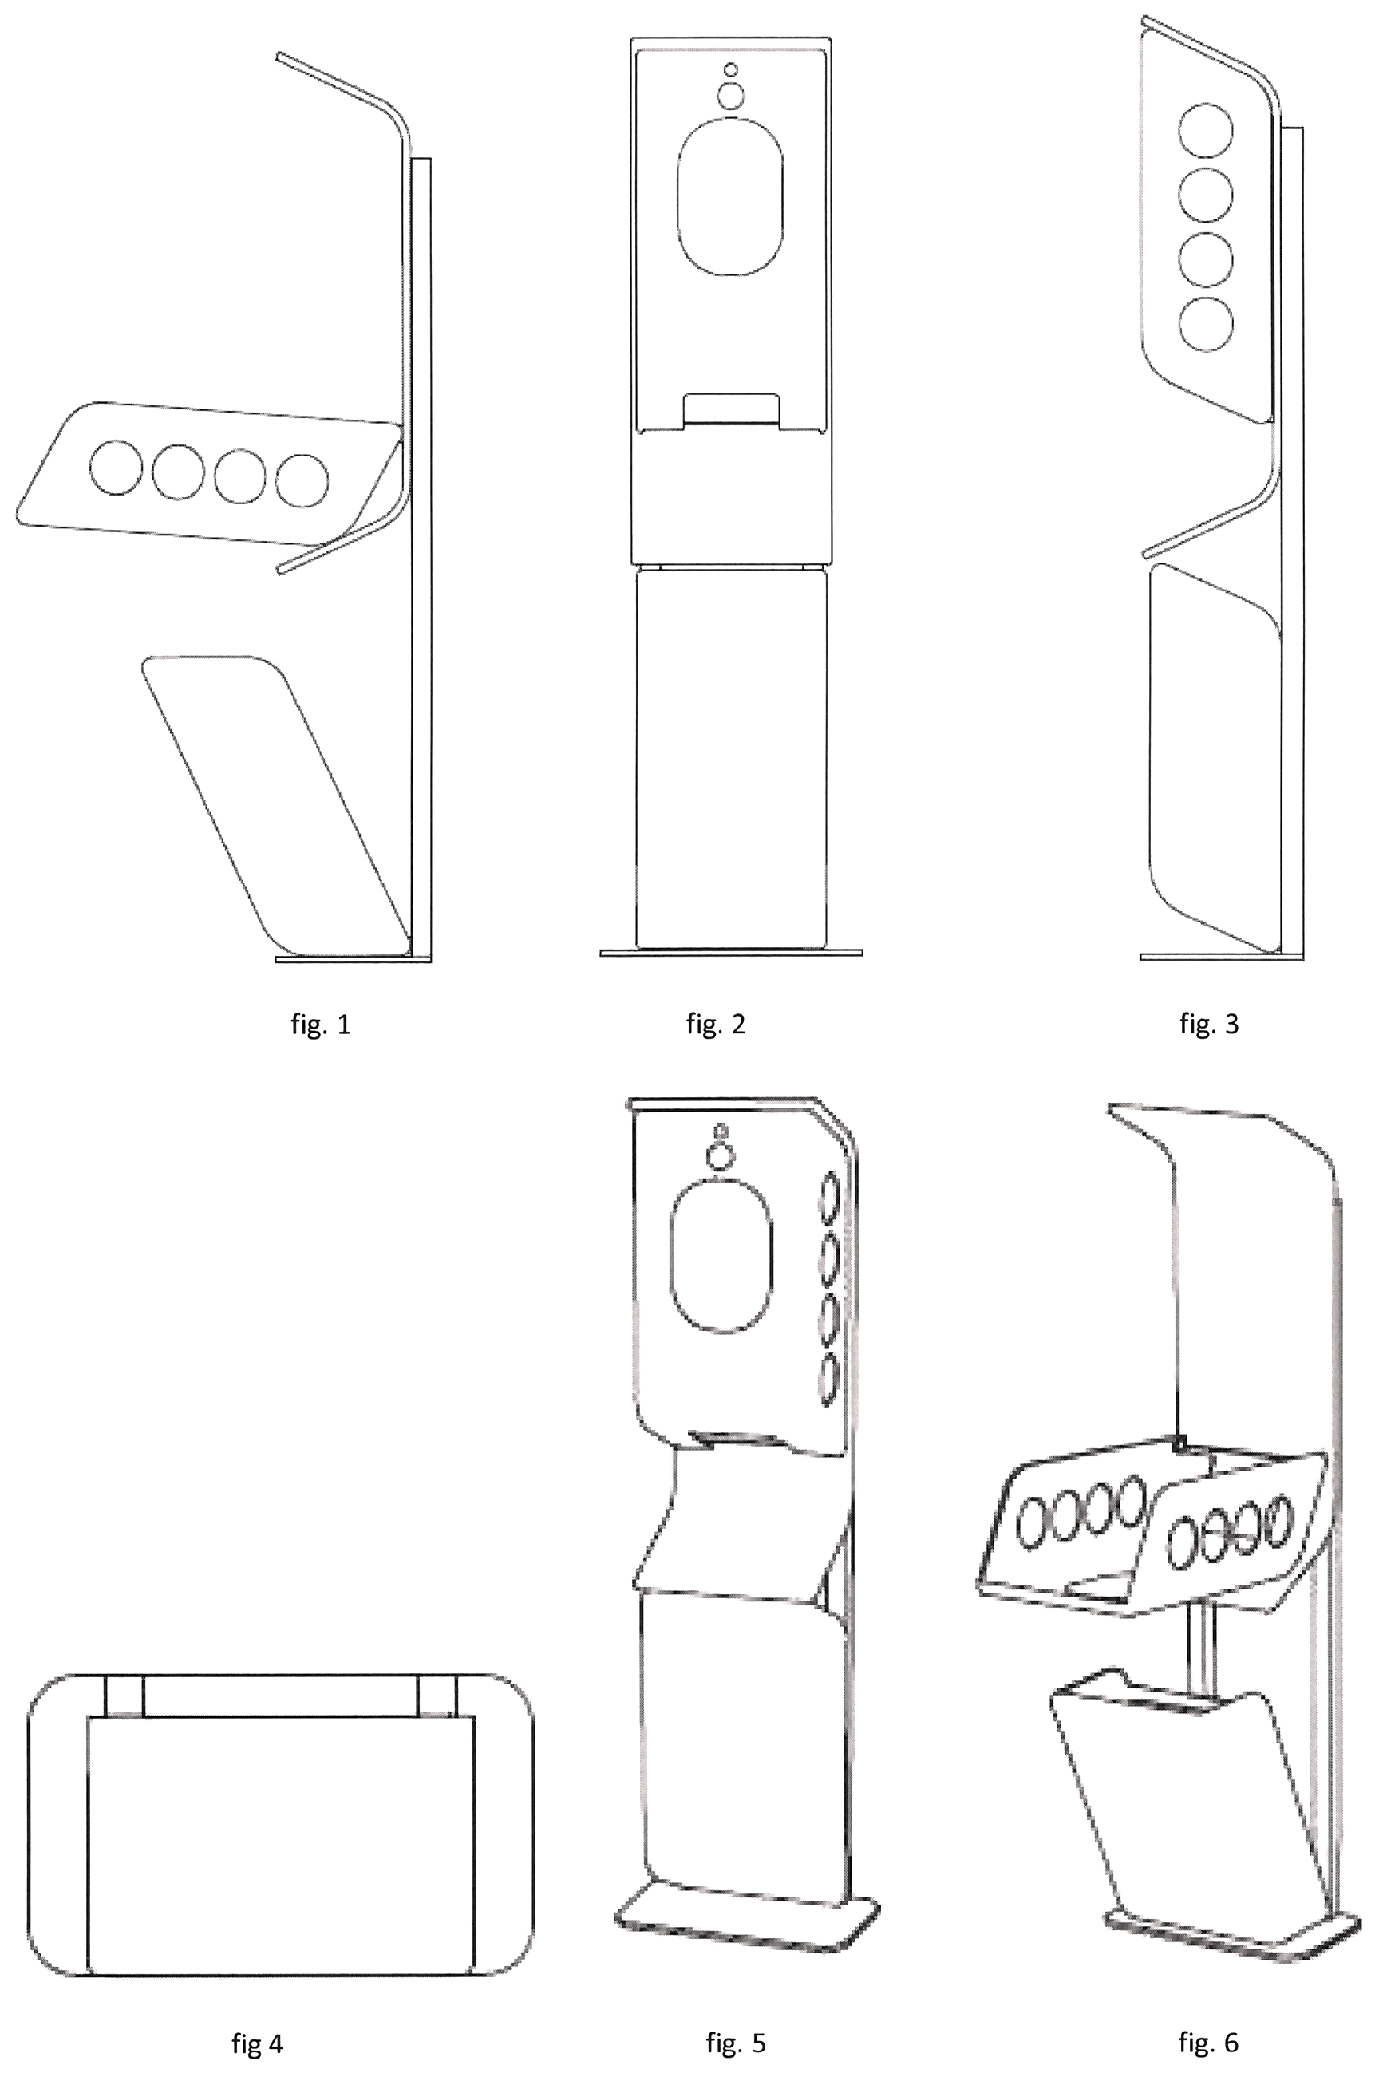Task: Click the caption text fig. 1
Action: (x=321, y=1025)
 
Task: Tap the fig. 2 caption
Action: (x=716, y=1025)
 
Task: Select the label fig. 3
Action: (x=1209, y=1025)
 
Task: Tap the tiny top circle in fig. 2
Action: (x=731, y=69)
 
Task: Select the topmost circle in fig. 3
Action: (x=1206, y=130)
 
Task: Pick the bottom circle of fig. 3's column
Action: (x=1206, y=325)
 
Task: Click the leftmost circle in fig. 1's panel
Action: (x=115, y=467)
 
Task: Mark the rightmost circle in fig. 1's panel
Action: (x=302, y=480)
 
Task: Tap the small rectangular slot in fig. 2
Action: (x=732, y=411)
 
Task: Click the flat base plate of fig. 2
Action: (x=731, y=952)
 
